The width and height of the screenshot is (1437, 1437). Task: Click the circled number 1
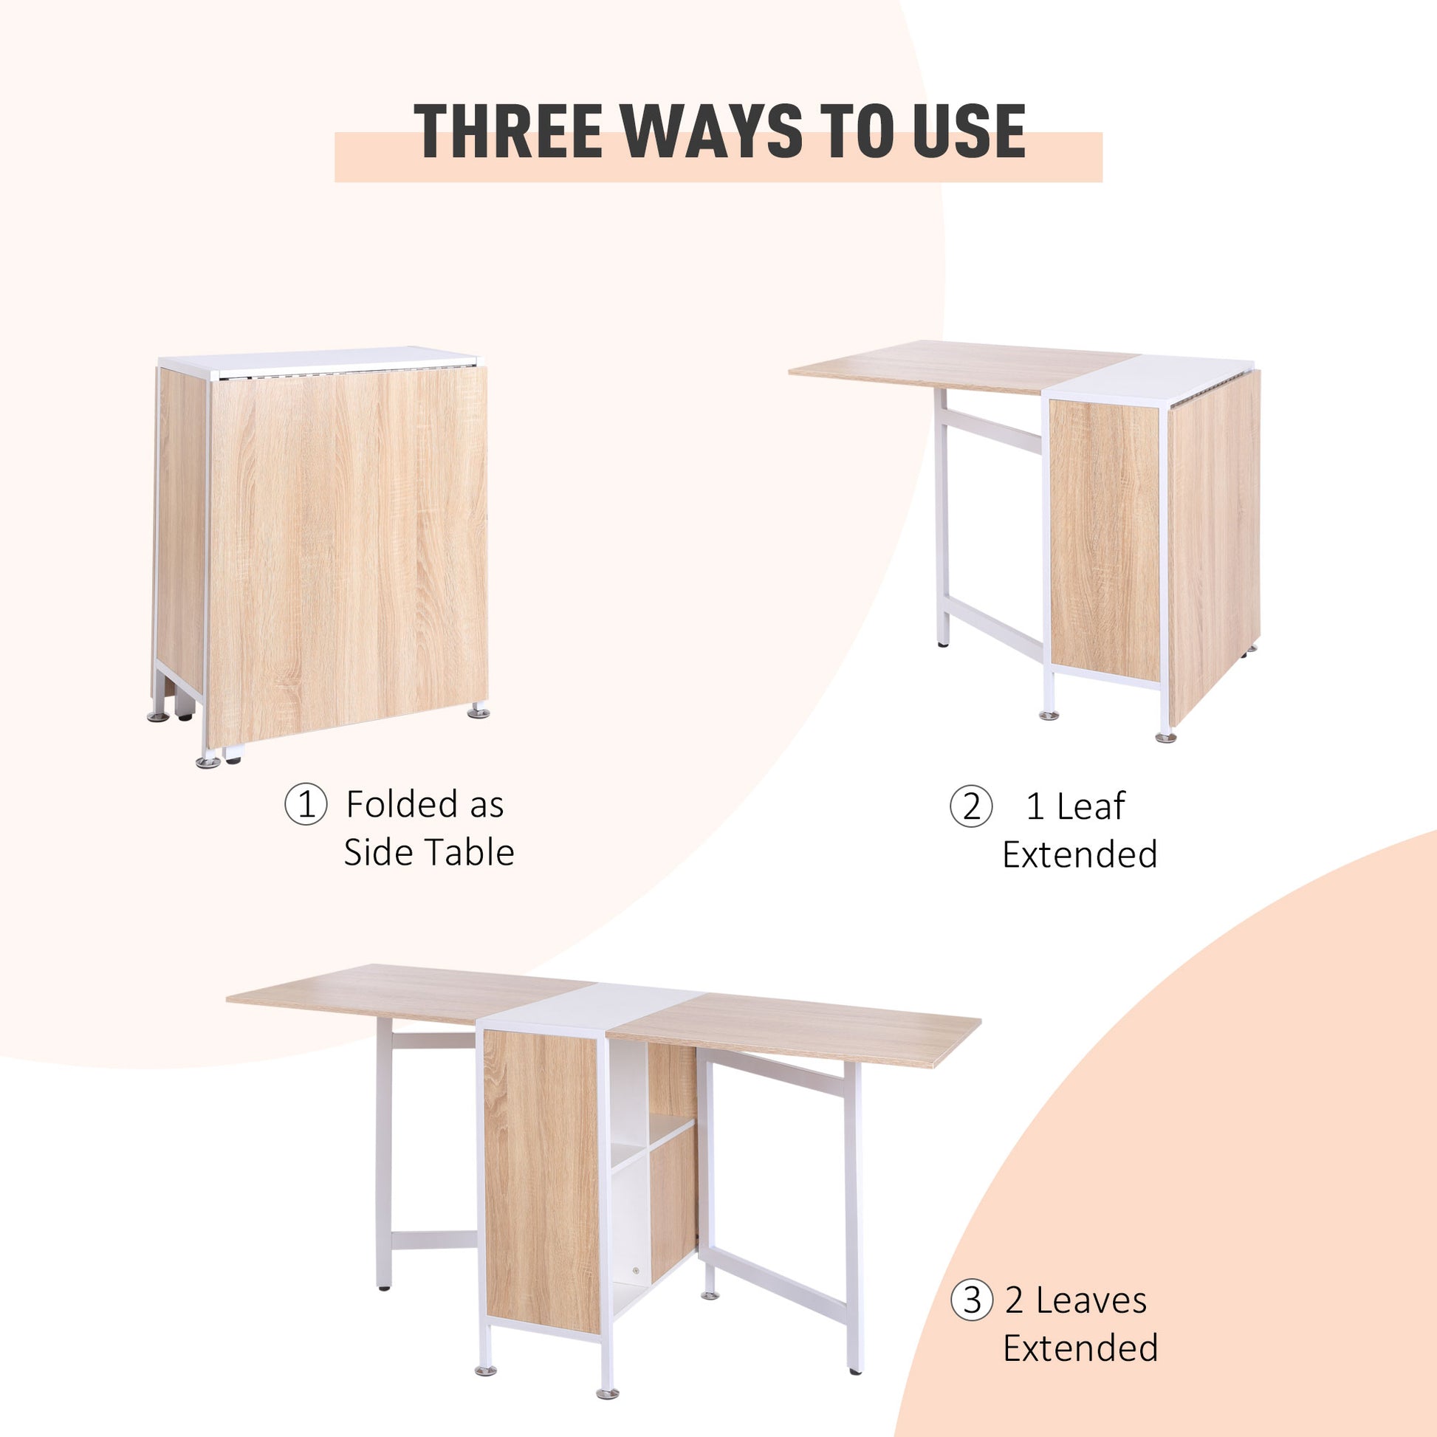point(305,805)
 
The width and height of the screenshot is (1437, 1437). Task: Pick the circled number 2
point(970,806)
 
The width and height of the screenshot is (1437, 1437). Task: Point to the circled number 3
point(971,1301)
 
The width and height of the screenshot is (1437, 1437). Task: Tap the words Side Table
point(428,853)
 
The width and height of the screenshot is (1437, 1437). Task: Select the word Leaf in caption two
point(1091,806)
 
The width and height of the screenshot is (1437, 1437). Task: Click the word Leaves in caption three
point(1091,1301)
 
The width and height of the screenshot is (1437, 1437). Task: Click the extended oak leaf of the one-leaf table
point(959,366)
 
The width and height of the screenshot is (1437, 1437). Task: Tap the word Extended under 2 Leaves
point(1080,1348)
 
